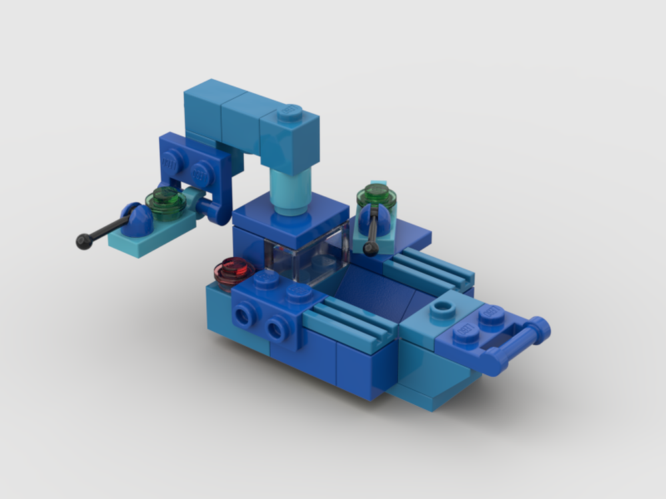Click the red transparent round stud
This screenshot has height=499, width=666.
tap(234, 269)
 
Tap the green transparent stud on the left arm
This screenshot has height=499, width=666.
tap(168, 201)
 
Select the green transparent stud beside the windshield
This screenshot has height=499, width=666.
tap(377, 196)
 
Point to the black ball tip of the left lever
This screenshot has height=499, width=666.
tap(83, 242)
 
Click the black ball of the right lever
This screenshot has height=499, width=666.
tap(371, 249)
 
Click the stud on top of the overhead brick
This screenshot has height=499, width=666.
tap(290, 113)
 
